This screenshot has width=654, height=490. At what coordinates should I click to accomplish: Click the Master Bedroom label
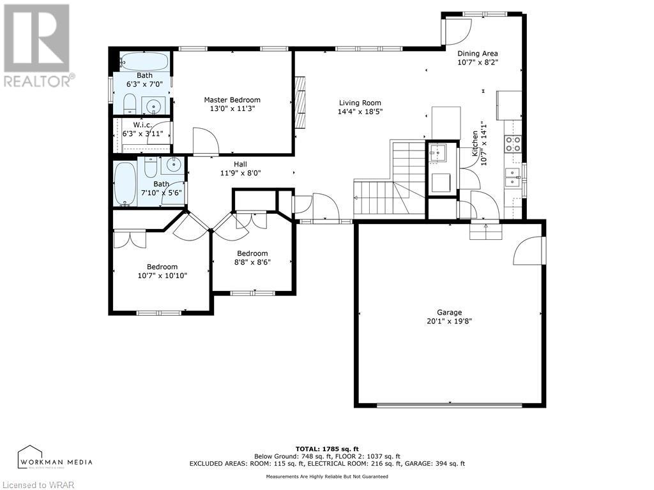[x=232, y=100]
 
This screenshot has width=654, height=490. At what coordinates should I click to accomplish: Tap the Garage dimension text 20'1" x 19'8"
[x=449, y=322]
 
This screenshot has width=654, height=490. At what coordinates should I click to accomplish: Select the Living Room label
[x=360, y=103]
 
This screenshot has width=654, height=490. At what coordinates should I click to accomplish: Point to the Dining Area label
[x=477, y=54]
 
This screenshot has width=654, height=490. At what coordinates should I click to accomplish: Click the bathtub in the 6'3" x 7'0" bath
[x=144, y=61]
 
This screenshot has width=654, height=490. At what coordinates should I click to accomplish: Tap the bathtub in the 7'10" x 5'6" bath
[x=125, y=184]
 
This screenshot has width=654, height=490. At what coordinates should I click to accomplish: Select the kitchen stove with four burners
[x=513, y=144]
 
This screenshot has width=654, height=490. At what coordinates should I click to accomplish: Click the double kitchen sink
[x=513, y=178]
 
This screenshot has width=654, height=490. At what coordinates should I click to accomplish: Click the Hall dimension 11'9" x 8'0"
[x=241, y=172]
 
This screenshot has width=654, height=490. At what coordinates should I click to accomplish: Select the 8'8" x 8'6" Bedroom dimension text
[x=252, y=262]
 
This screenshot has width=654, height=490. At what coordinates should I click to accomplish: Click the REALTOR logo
[x=37, y=45]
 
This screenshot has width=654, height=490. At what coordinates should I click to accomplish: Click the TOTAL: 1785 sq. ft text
[x=326, y=449]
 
